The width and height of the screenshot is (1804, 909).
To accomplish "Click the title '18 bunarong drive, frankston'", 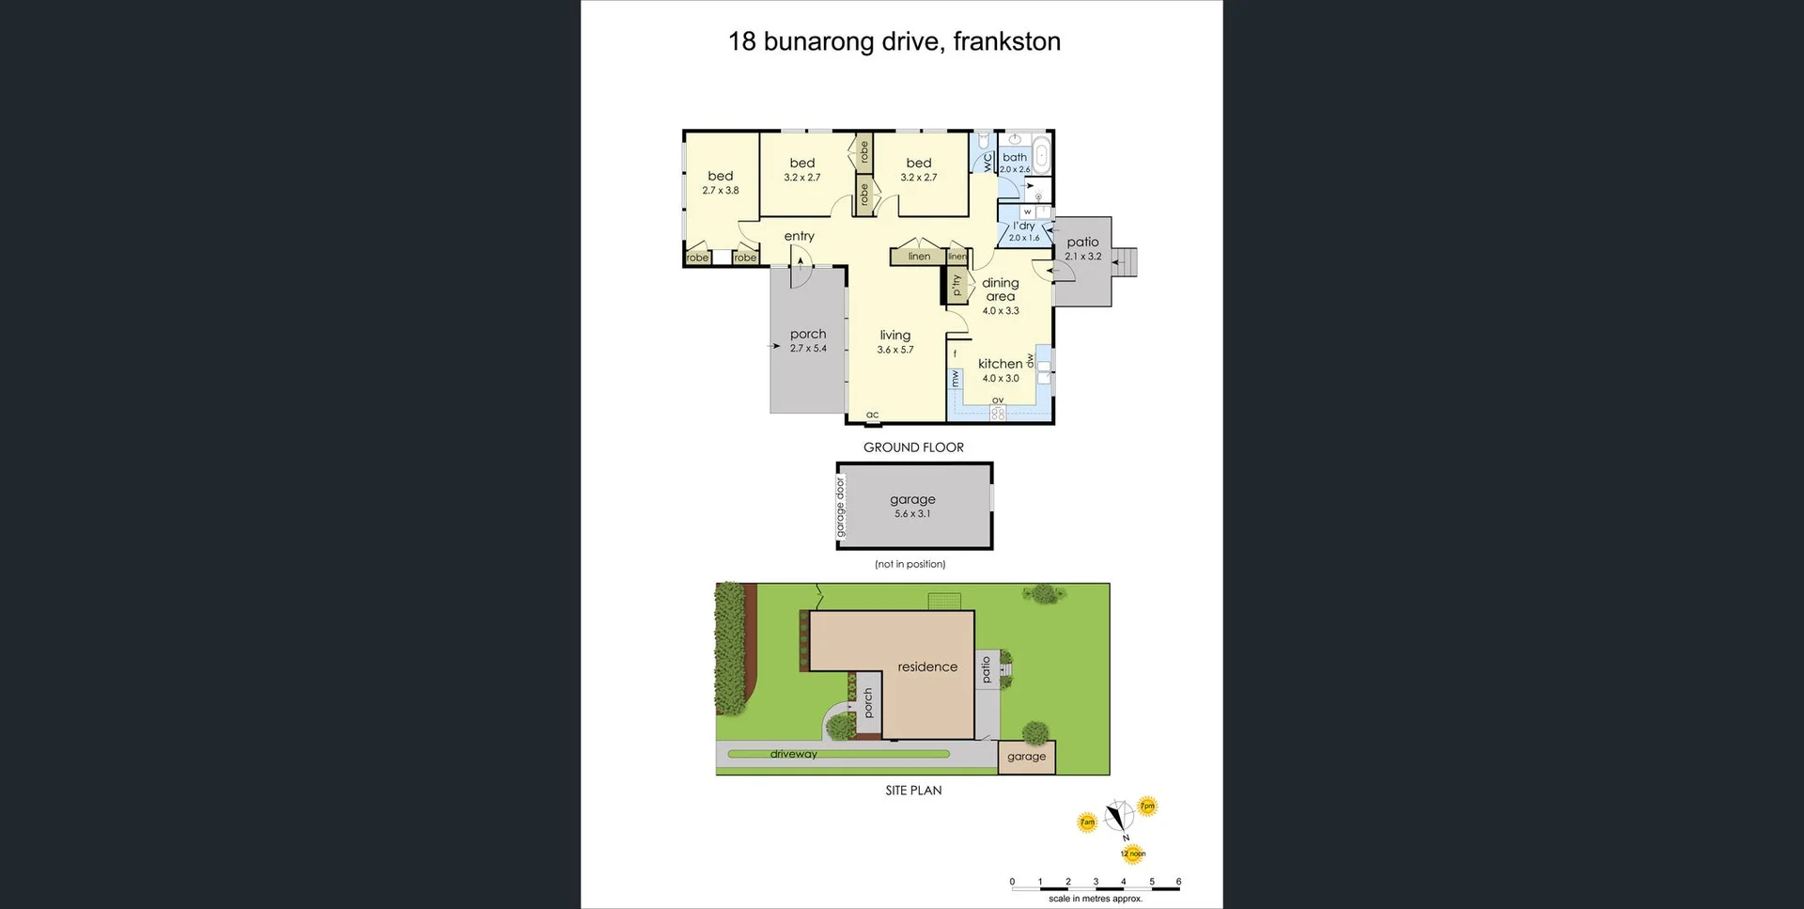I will (x=894, y=41).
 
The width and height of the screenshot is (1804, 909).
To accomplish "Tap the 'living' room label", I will (x=894, y=336).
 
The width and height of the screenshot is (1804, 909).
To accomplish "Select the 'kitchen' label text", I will (x=1000, y=364).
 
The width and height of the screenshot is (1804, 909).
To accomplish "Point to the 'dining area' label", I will (x=1000, y=290).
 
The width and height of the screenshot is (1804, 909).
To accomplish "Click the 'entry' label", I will (x=799, y=236).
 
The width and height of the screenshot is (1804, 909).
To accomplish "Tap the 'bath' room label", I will (x=1015, y=158).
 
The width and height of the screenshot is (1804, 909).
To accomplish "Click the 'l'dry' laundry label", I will (x=1023, y=227).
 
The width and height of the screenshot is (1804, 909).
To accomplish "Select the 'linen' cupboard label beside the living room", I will (x=919, y=257).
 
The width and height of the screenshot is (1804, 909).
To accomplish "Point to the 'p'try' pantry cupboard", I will (x=956, y=284).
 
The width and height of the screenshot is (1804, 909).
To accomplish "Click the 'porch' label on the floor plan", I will (x=808, y=335).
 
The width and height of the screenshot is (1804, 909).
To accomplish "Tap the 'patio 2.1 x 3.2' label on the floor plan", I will (x=1082, y=248).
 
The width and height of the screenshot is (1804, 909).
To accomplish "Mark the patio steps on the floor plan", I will (x=1125, y=262).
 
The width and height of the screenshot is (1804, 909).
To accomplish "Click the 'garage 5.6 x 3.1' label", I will (x=912, y=505).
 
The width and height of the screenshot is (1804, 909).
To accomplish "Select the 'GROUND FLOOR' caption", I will (x=913, y=447).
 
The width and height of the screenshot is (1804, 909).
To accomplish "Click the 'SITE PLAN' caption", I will (x=913, y=791).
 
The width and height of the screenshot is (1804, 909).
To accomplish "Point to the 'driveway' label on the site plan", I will (x=794, y=754).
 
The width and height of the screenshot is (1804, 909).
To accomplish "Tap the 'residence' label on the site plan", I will (x=927, y=666).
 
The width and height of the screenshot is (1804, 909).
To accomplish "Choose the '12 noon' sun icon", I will (x=1132, y=853).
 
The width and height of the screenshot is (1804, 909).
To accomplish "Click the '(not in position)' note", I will (x=910, y=564).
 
